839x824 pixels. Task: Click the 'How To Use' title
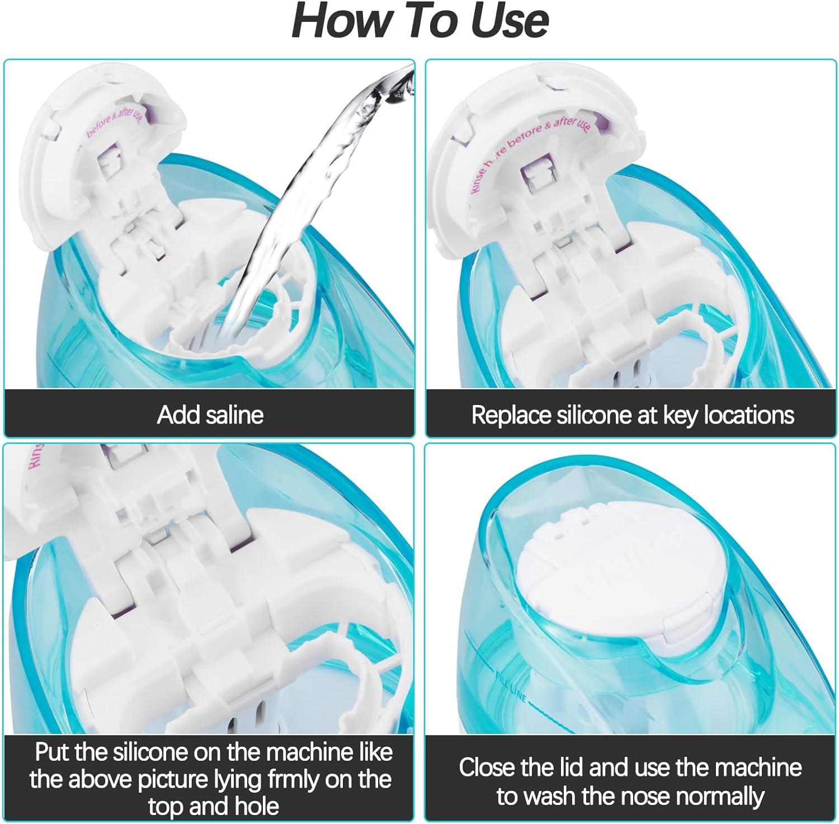[x=419, y=21]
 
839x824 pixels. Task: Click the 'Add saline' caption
[x=210, y=415]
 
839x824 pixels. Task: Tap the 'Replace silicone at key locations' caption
[x=632, y=415]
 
